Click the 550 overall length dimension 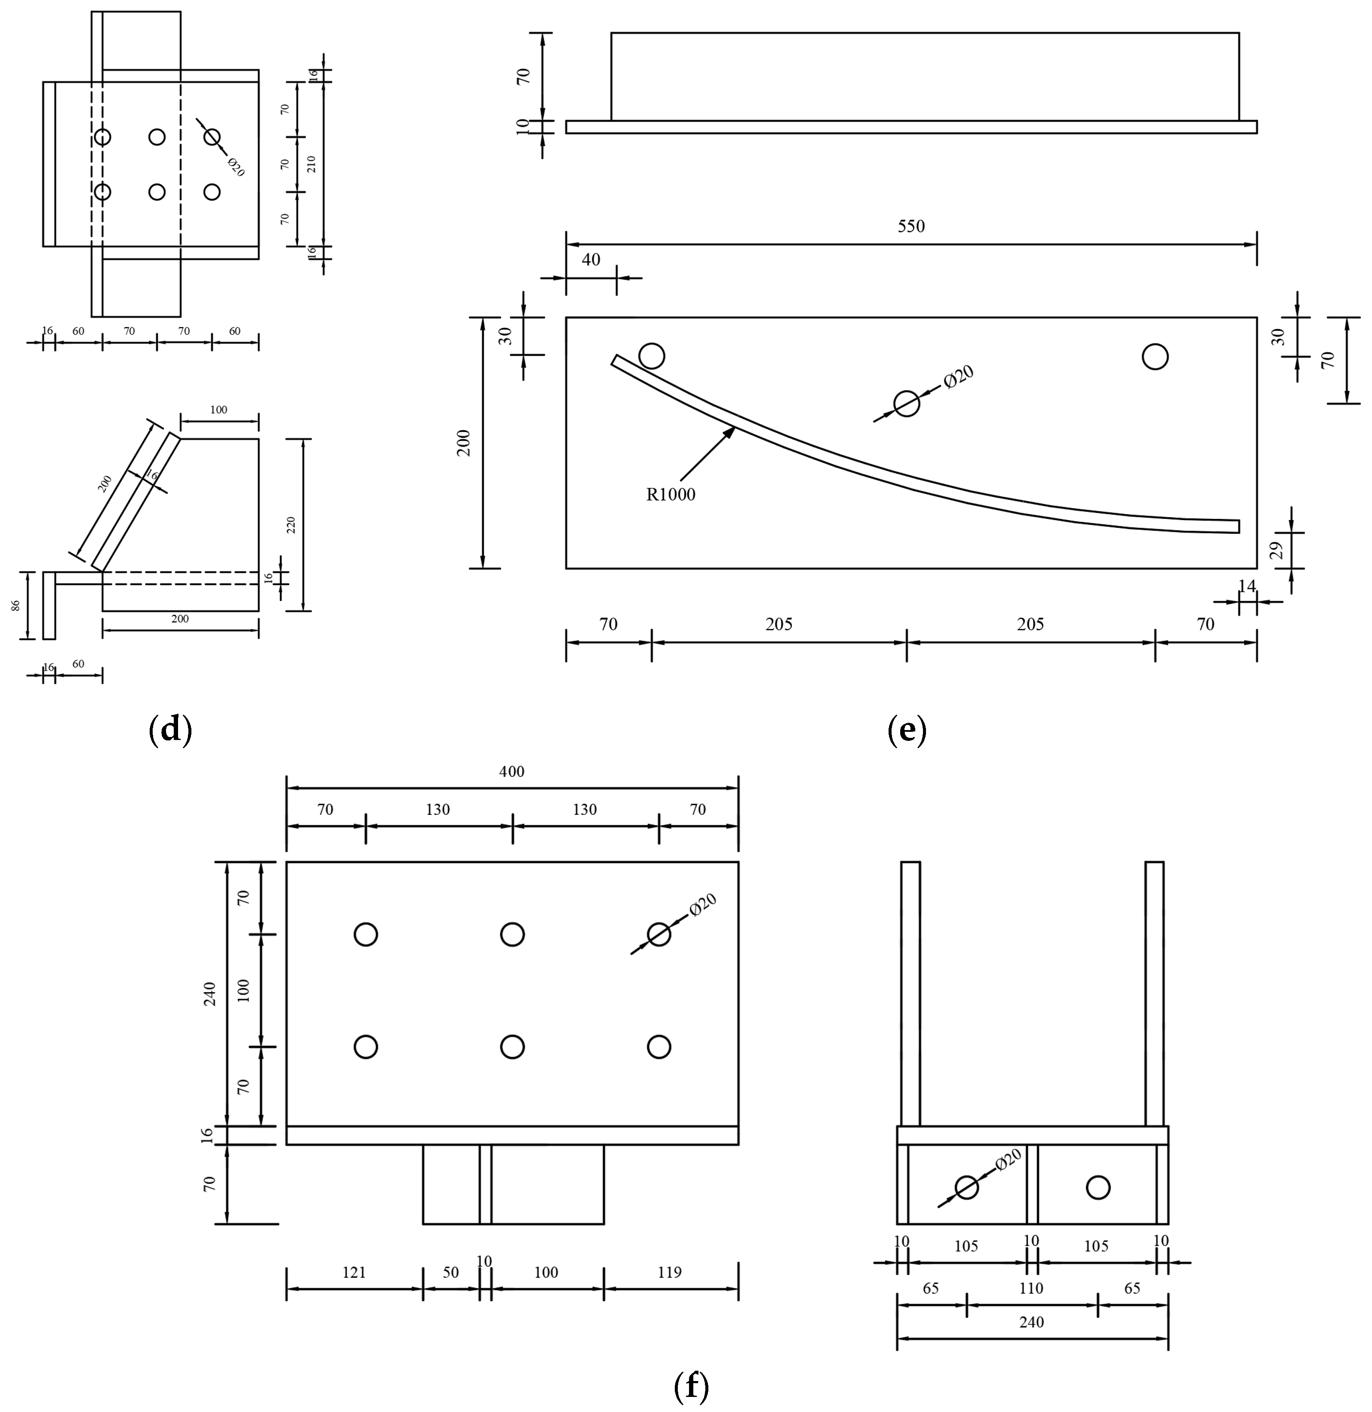pos(911,226)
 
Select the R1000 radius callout pos(670,494)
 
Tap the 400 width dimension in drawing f pos(512,771)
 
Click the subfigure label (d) pos(169,730)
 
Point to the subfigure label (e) pos(907,730)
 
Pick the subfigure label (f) pos(691,1384)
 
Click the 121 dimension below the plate pos(354,1272)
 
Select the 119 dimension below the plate pos(669,1272)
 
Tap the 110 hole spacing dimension pos(1031,1288)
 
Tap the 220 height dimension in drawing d pos(291,525)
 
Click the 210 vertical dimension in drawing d pos(311,164)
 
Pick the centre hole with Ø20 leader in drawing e pos(907,404)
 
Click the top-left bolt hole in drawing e pos(652,356)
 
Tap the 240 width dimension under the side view pos(1031,1322)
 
